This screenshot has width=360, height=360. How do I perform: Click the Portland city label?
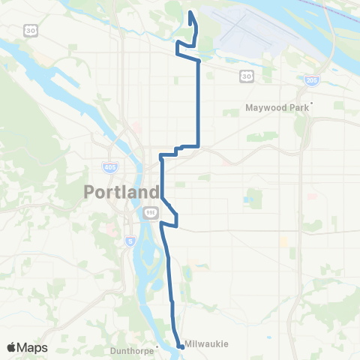121,192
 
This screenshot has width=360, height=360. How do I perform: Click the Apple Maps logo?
27,347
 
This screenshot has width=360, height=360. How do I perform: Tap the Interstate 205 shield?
310,79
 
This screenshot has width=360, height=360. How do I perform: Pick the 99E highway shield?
149,212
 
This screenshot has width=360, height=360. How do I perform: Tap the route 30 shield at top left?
29,29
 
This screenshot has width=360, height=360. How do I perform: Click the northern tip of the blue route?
190,11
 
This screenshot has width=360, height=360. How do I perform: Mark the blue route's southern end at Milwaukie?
181,346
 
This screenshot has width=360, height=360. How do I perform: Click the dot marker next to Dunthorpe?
156,346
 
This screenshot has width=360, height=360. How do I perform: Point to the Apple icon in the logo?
11,347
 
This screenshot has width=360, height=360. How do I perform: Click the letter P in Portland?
88,192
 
